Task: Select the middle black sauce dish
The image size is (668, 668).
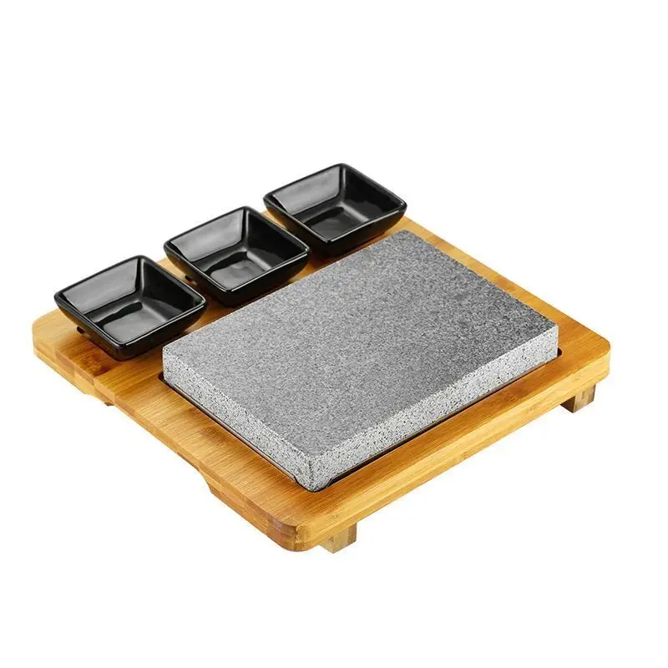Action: [236, 253]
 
